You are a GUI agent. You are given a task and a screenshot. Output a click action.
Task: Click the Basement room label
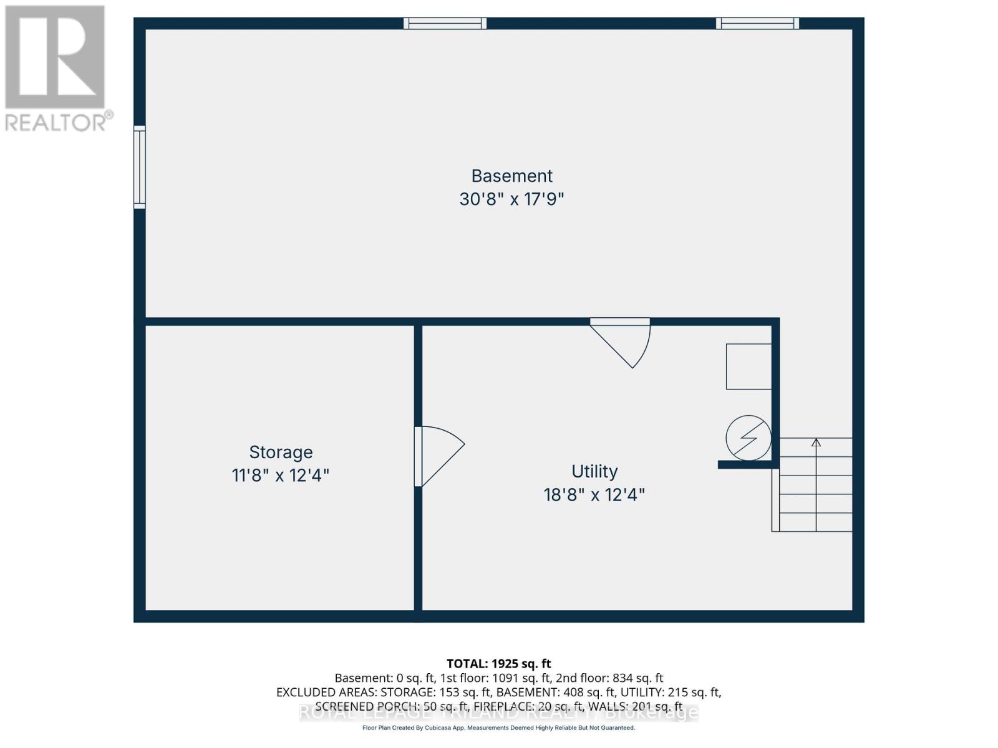pyautogui.click(x=511, y=176)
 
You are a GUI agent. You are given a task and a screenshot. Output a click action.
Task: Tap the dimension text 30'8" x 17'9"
pyautogui.click(x=511, y=199)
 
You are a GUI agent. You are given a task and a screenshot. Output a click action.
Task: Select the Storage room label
pyautogui.click(x=281, y=452)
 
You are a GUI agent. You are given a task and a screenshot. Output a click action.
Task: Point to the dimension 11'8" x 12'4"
pyautogui.click(x=281, y=476)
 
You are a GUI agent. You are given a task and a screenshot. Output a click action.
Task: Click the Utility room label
pyautogui.click(x=594, y=471)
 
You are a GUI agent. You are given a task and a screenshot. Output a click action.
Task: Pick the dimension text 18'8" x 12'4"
pyautogui.click(x=594, y=495)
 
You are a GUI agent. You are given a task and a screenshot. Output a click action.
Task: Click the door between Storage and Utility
pyautogui.click(x=437, y=455)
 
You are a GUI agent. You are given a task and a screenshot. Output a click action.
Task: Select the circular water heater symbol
pyautogui.click(x=748, y=438)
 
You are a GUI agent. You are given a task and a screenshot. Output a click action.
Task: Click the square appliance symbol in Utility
pyautogui.click(x=748, y=367)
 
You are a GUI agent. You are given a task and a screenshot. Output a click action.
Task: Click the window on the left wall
pyautogui.click(x=140, y=167)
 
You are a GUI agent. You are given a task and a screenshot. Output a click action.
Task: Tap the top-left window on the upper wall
pyautogui.click(x=445, y=24)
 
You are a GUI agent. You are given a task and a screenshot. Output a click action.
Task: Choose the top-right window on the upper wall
pyautogui.click(x=757, y=24)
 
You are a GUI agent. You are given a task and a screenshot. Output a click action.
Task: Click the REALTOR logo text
pyautogui.click(x=59, y=121)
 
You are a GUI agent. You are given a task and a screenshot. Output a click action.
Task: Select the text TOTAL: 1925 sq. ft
pyautogui.click(x=499, y=664)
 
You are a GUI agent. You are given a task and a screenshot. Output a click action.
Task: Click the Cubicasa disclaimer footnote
pyautogui.click(x=499, y=728)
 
